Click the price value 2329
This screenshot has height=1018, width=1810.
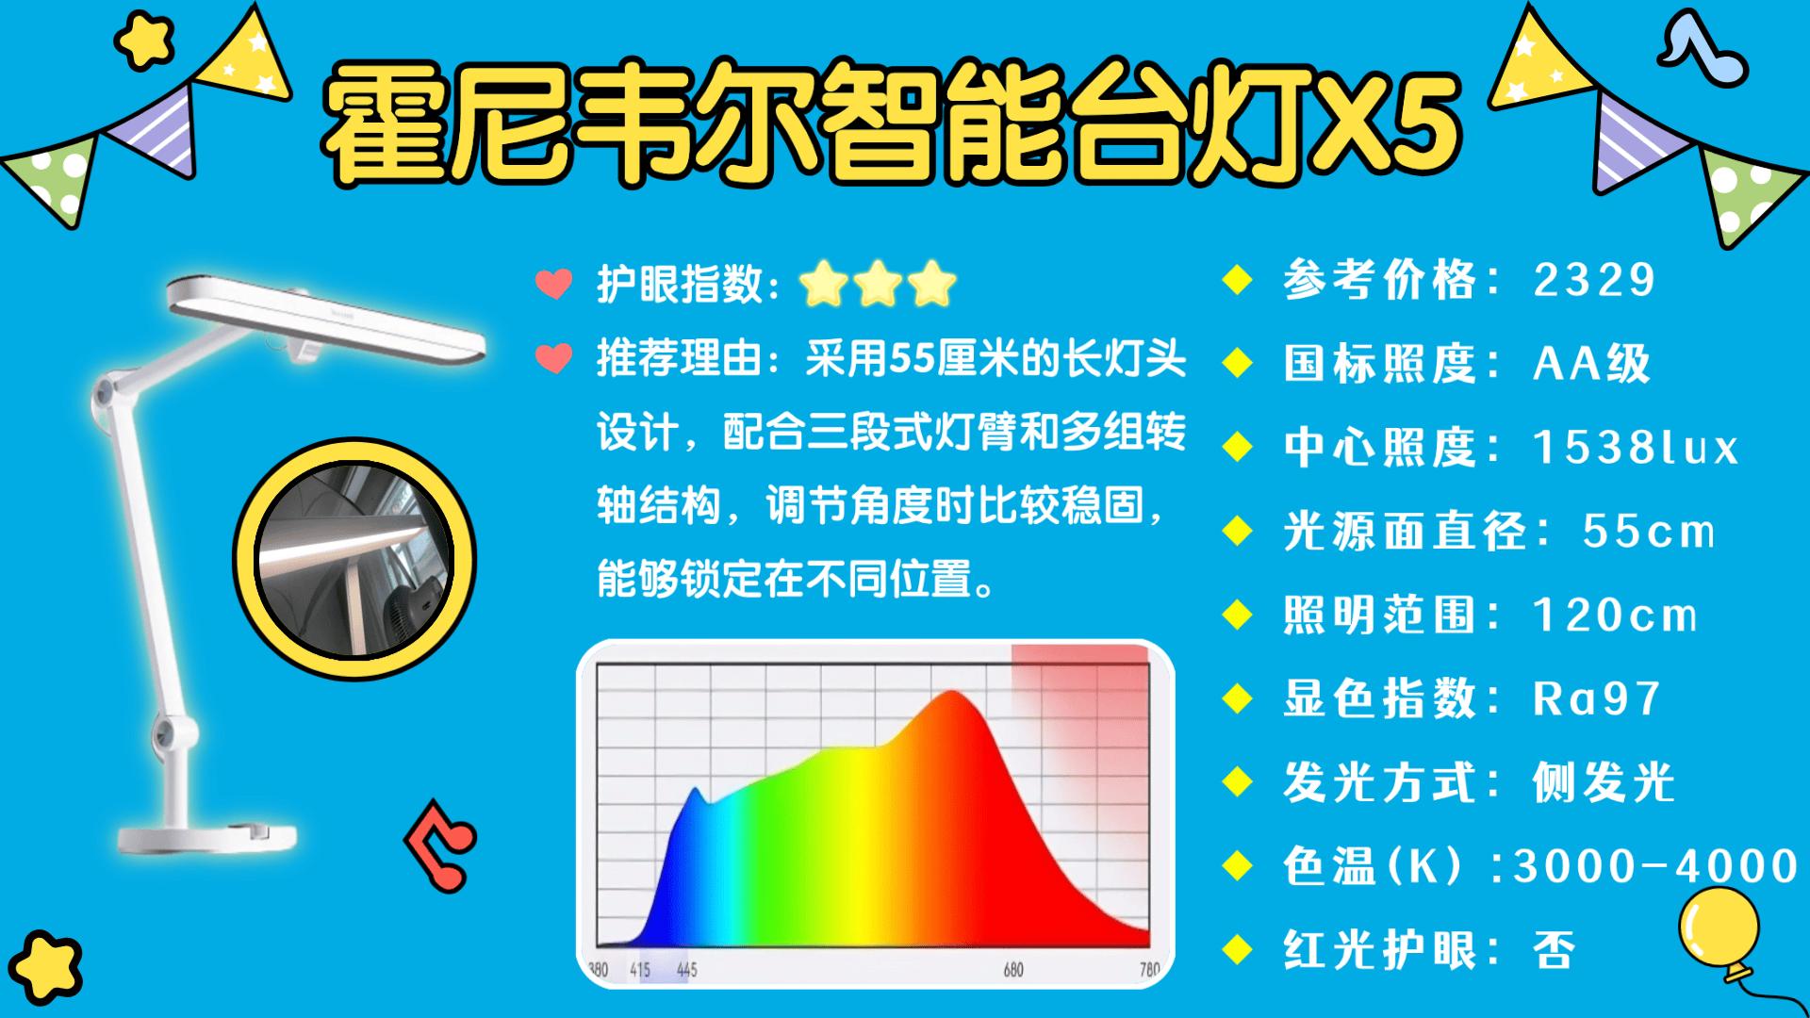coord(1594,280)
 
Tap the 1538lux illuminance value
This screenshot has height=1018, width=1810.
coord(1636,447)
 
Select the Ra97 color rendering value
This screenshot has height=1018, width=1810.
coord(1596,698)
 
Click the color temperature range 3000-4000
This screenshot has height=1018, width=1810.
coord(1656,866)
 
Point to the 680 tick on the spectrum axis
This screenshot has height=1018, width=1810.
coord(1013,969)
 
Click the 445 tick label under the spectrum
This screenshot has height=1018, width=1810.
coord(686,969)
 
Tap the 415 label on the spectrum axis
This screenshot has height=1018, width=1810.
coord(640,969)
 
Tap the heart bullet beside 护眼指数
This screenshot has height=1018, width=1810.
coord(553,284)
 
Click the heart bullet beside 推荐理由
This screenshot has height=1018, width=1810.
coord(553,358)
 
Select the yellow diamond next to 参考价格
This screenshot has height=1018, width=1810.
coord(1236,281)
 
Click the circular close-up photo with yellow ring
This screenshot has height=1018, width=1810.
coord(354,561)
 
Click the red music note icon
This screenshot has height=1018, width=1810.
coord(441,845)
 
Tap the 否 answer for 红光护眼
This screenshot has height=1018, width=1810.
coord(1555,949)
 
